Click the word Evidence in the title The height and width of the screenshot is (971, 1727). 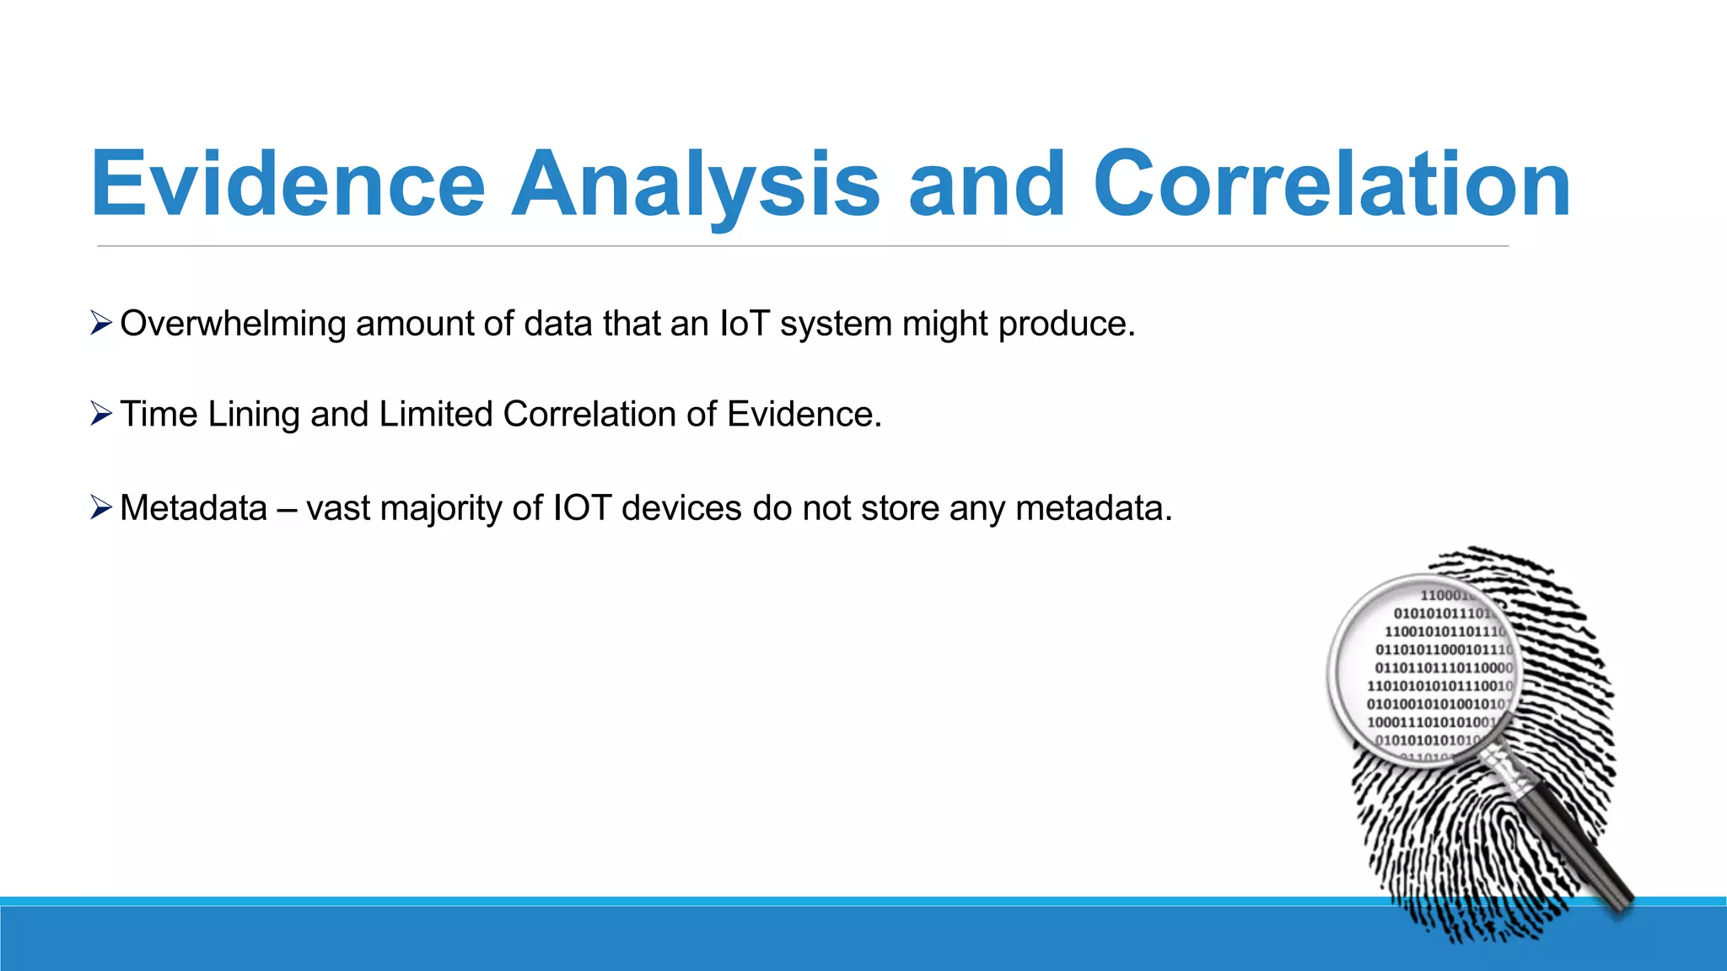[x=288, y=184]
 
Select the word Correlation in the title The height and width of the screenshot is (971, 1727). [x=1332, y=184]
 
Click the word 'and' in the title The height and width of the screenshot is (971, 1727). [x=986, y=184]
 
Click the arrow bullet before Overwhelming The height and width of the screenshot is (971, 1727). [x=101, y=323]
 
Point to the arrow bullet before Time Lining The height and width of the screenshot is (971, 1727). [x=101, y=414]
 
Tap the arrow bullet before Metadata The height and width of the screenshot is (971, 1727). [x=101, y=507]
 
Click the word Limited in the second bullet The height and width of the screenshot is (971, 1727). [x=435, y=415]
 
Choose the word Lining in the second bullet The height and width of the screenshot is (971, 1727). [x=253, y=415]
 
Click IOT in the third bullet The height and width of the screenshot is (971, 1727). [x=582, y=508]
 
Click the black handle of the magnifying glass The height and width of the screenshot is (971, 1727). [x=1577, y=851]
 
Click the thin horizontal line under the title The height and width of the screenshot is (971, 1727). [x=801, y=246]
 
